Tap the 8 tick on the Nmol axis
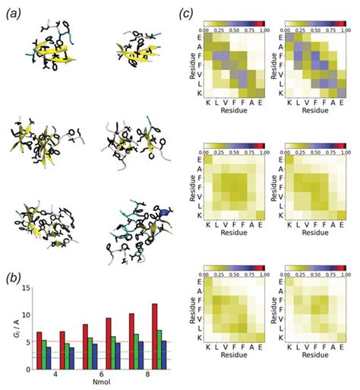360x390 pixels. [143, 375]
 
